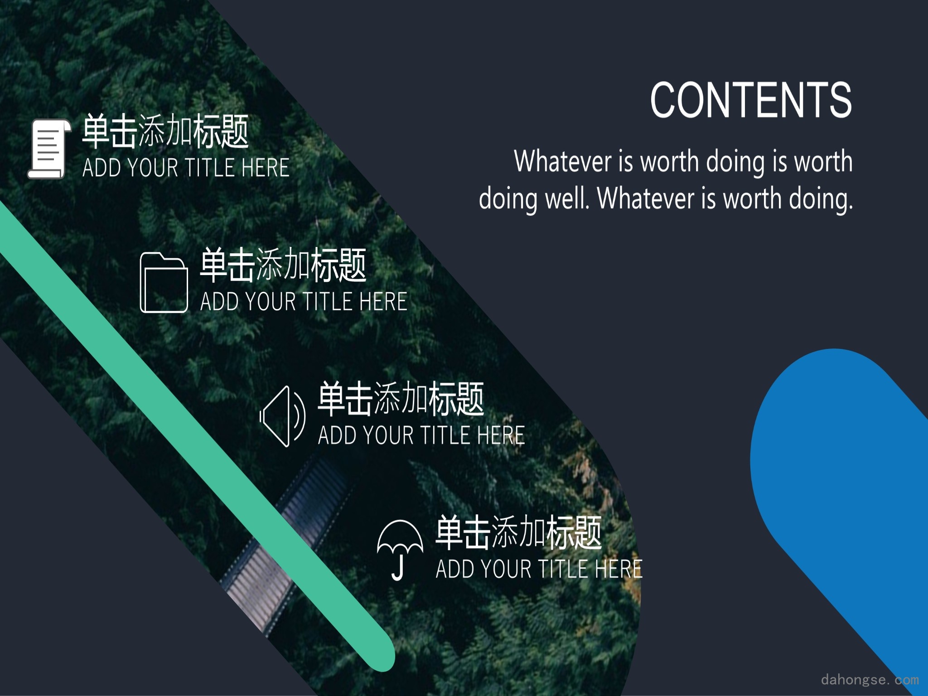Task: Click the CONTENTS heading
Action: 751,100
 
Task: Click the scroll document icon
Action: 49,148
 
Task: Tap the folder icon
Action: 164,282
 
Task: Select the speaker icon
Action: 283,416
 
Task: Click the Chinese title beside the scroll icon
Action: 165,131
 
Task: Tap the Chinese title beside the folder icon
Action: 283,265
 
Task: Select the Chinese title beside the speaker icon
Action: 401,399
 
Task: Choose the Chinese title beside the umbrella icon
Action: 519,532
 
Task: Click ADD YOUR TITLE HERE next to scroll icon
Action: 186,168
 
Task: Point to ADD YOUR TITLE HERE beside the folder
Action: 304,301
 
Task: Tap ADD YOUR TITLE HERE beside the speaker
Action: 421,435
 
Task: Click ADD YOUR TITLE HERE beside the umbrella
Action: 539,569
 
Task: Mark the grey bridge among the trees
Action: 290,539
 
